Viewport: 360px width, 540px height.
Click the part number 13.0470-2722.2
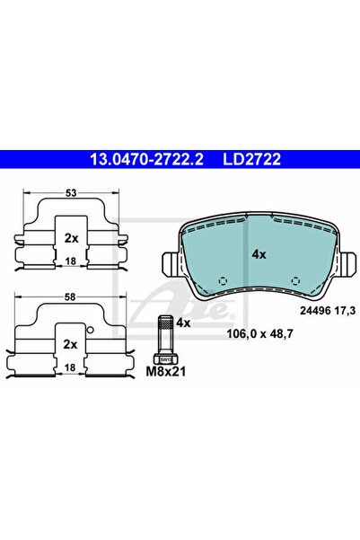point(146,159)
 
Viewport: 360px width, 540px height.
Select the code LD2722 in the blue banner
point(252,159)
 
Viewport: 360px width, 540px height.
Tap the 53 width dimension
point(71,193)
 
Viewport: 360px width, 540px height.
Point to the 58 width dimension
point(70,297)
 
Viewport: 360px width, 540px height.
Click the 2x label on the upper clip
point(72,238)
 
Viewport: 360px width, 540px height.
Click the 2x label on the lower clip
point(70,344)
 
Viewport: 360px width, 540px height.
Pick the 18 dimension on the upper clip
point(71,261)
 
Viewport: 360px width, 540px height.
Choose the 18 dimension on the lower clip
point(70,367)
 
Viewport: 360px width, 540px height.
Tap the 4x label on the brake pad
point(259,254)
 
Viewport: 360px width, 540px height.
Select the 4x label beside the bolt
point(183,323)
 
